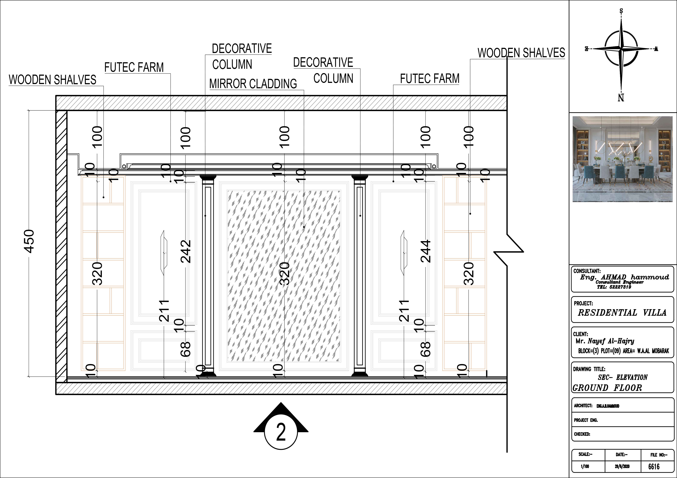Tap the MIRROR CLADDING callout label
point(253,84)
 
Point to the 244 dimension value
point(426,251)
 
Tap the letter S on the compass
point(621,11)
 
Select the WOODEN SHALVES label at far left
point(52,80)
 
